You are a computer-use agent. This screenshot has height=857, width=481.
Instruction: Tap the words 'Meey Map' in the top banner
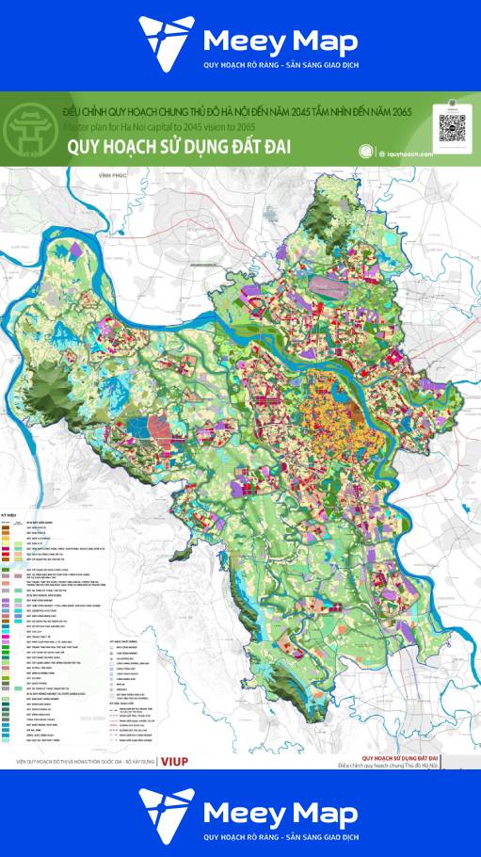(x=280, y=42)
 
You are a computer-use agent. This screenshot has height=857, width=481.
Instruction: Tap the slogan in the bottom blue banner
(x=281, y=836)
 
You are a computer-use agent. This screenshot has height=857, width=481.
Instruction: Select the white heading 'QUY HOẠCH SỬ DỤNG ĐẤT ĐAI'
(x=177, y=148)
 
